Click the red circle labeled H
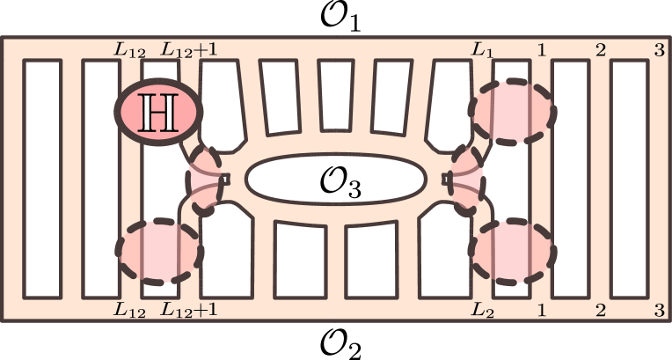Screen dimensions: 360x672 coord(159,112)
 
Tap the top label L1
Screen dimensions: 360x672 coord(482,50)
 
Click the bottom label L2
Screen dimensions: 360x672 coord(482,309)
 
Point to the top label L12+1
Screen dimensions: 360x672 coord(188,50)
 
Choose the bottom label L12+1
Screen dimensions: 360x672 coord(188,309)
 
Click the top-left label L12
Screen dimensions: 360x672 coord(129,50)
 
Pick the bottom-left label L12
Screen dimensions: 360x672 coord(129,309)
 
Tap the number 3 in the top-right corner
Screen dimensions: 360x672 coord(658,50)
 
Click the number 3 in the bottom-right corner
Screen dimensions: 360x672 coord(658,309)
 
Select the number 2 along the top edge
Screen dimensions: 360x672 coord(600,50)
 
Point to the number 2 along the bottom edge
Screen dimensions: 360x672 coord(600,309)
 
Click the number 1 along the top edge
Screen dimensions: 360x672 coord(541,50)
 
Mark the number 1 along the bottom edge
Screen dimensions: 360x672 coord(541,309)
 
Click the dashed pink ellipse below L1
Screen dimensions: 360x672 coord(514,111)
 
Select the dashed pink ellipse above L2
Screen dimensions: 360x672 coord(514,251)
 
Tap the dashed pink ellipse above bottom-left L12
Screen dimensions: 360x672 coord(159,251)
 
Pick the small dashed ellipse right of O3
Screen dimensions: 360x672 coord(466,179)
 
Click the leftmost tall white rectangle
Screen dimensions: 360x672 coord(42,179)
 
